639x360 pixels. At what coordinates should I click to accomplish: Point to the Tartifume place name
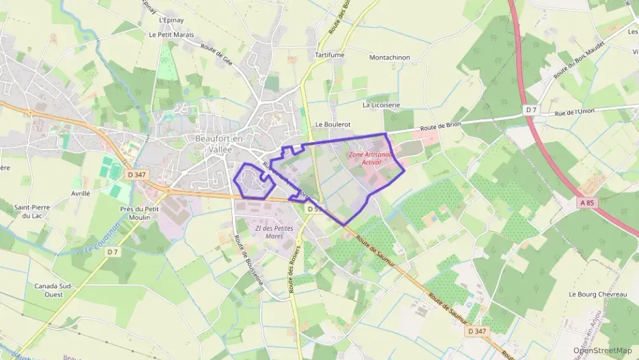tap(328, 54)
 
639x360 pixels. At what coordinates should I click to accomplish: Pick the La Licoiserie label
tap(382, 105)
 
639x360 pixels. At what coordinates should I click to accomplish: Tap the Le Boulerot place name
tap(332, 125)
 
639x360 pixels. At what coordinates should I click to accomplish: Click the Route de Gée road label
tap(217, 55)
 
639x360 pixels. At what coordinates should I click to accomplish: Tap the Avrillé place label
tap(81, 193)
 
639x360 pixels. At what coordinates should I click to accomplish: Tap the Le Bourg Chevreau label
tap(597, 294)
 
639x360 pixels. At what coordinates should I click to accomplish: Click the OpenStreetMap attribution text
tap(602, 350)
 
